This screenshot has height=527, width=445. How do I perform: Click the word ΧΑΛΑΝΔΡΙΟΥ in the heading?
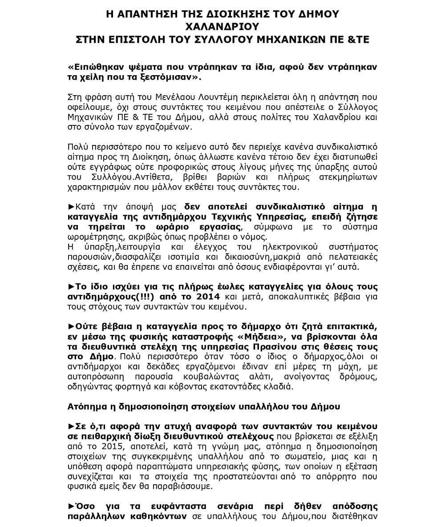[x=222, y=27]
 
